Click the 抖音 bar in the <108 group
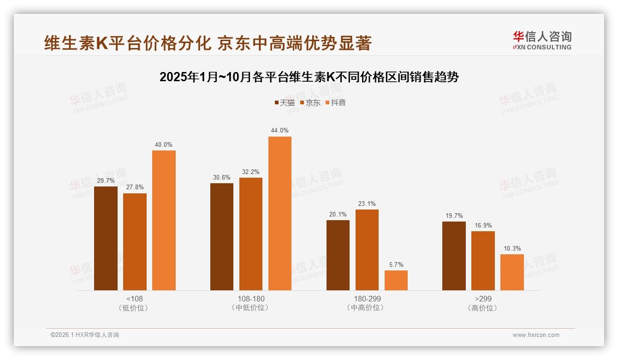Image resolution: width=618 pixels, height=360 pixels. (164, 220)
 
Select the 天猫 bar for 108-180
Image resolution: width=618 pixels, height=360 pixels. (222, 236)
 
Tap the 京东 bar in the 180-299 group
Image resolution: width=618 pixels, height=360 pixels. (367, 250)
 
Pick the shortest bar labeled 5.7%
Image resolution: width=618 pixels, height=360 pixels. (396, 280)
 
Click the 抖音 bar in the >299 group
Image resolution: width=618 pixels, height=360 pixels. (512, 272)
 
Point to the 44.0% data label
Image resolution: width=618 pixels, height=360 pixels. (279, 131)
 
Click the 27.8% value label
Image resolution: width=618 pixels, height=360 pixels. (135, 187)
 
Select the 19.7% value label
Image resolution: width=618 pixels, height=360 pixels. (454, 216)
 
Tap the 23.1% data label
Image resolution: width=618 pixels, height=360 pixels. (367, 204)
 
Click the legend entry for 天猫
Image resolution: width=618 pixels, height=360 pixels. (285, 103)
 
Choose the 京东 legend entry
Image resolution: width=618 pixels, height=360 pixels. (310, 103)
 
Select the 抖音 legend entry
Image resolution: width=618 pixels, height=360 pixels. (336, 103)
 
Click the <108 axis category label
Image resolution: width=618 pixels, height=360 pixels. (135, 299)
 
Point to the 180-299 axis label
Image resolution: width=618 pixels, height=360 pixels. (367, 299)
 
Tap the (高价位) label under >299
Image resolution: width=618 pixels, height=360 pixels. (482, 308)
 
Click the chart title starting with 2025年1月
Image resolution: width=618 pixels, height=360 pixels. (309, 77)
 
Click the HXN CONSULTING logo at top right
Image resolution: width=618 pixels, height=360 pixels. (542, 40)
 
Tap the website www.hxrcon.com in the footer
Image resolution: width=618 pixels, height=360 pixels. (536, 335)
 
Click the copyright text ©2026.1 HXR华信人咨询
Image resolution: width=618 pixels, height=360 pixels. (85, 335)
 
